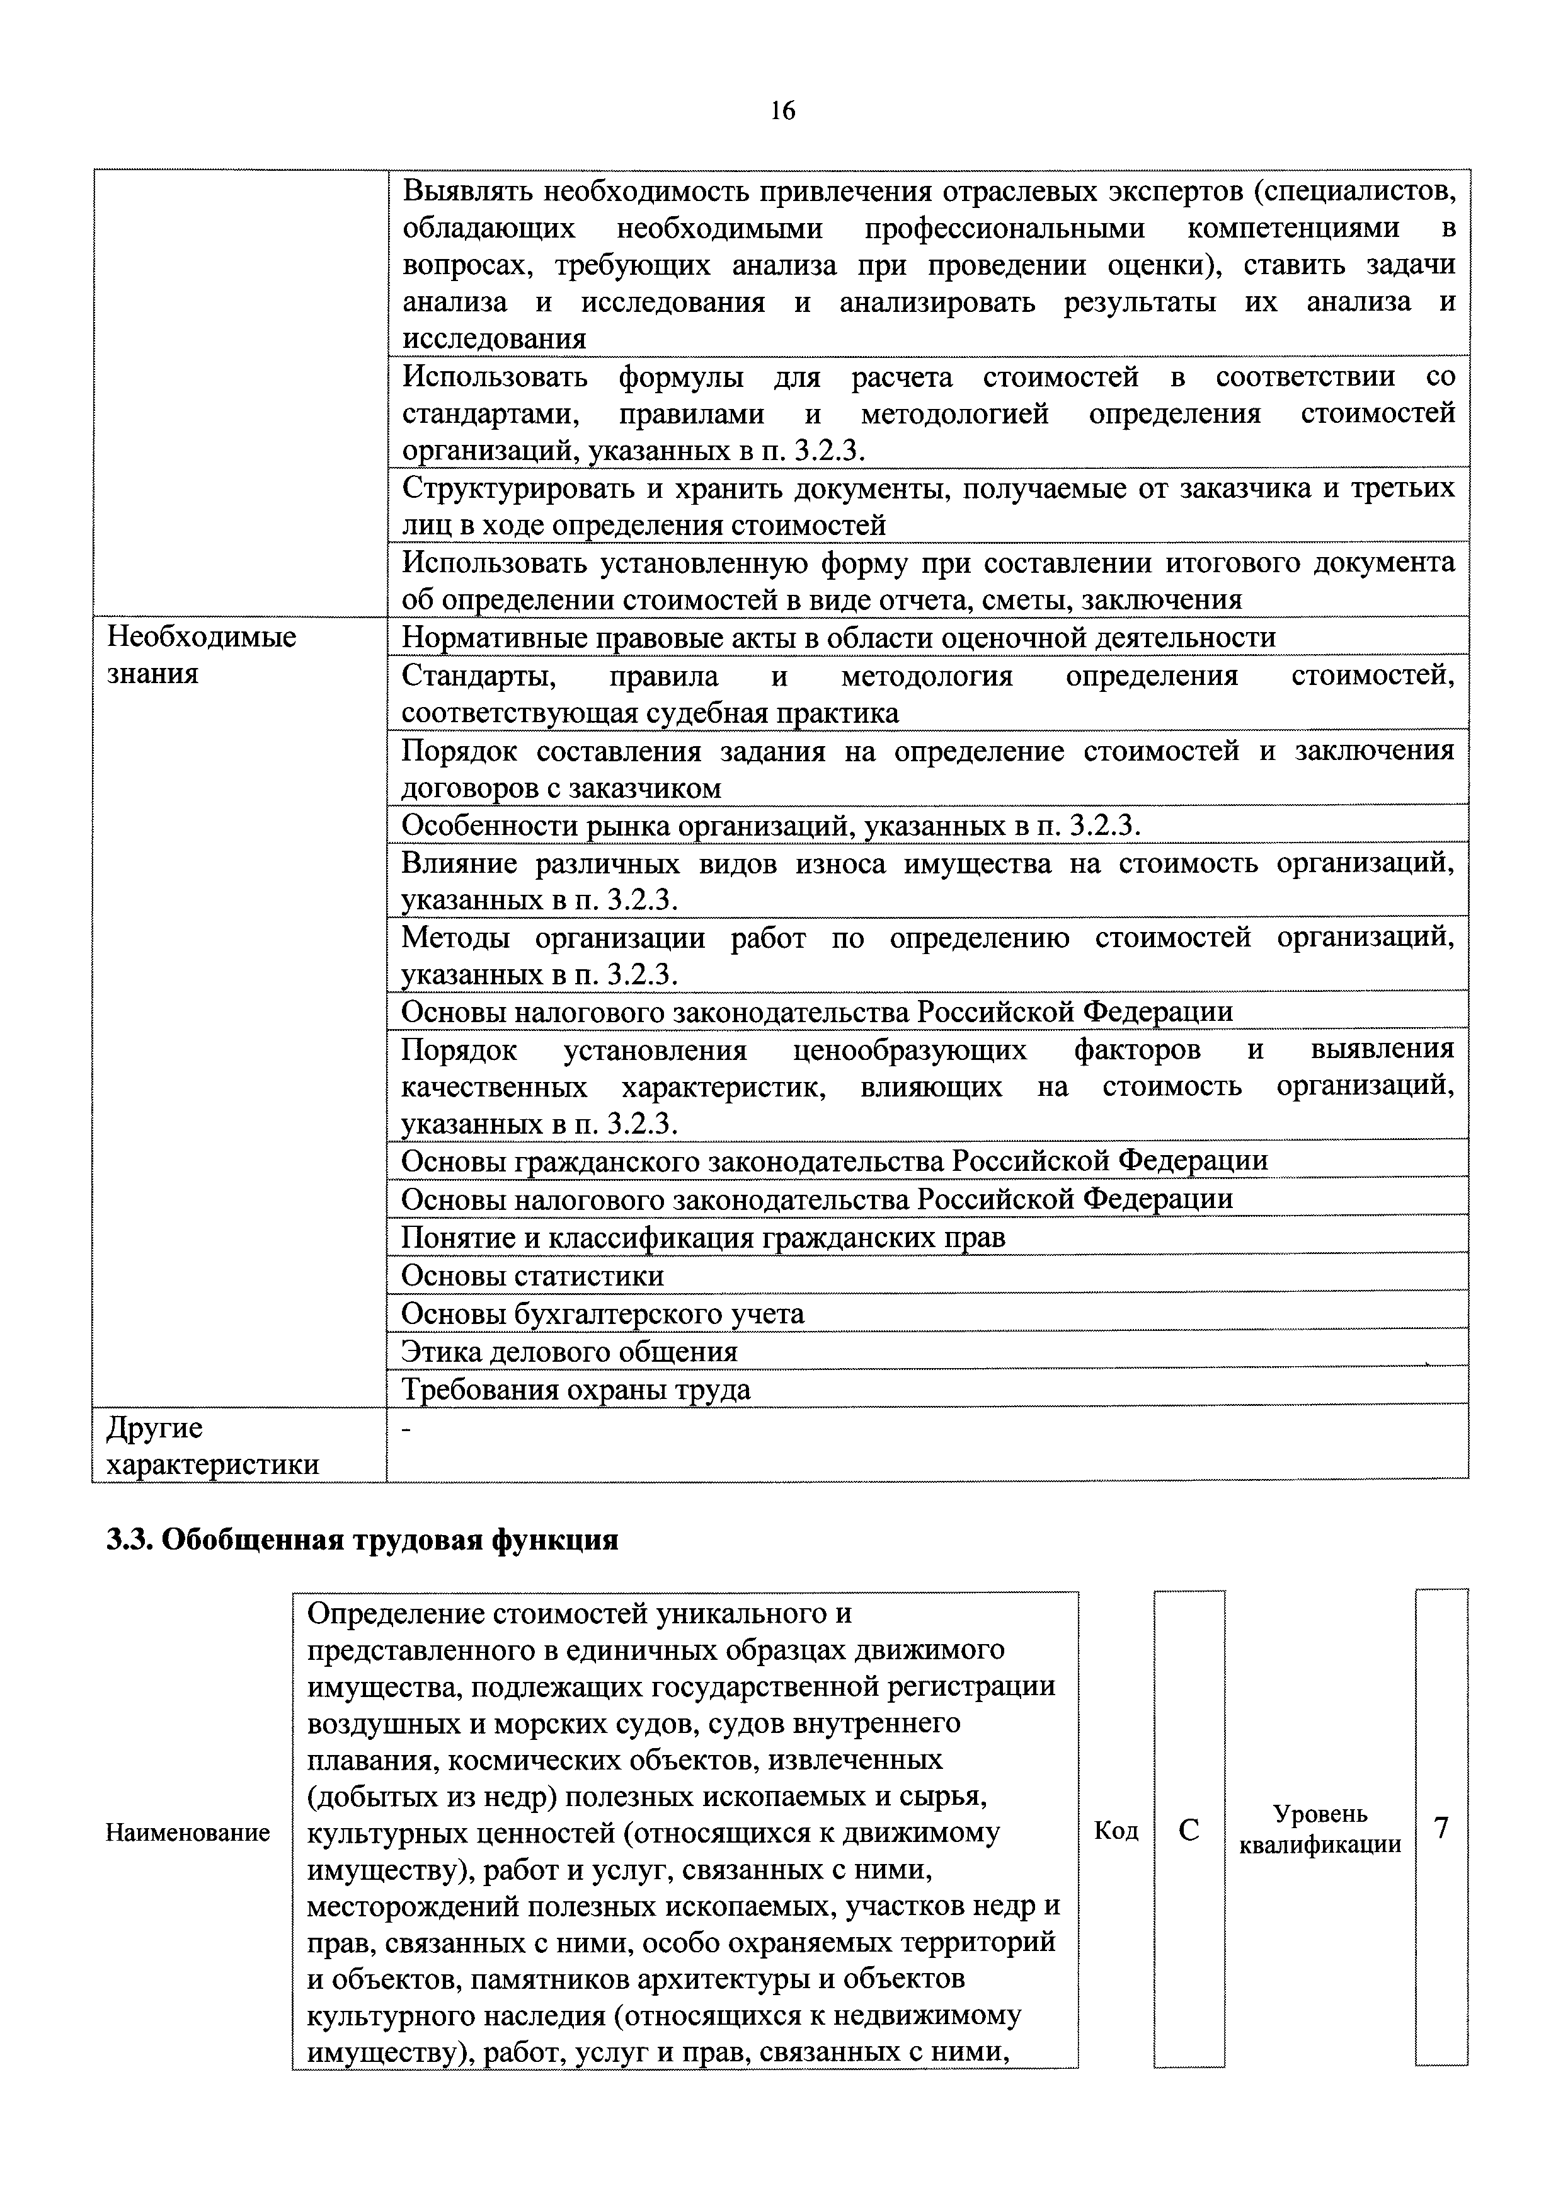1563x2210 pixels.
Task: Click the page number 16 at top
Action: [782, 112]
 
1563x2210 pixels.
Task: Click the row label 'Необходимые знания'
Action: [201, 655]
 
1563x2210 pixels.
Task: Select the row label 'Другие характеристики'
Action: [213, 1446]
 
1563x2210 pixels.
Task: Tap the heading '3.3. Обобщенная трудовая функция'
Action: [362, 1540]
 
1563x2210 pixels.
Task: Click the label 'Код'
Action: [1116, 1831]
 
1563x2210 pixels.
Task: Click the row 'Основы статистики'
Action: [532, 1276]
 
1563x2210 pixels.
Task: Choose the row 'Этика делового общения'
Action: [569, 1352]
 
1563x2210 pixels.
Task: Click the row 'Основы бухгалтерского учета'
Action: [602, 1314]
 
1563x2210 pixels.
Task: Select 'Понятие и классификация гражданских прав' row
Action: [702, 1238]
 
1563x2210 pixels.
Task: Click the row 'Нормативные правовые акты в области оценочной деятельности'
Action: [837, 637]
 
